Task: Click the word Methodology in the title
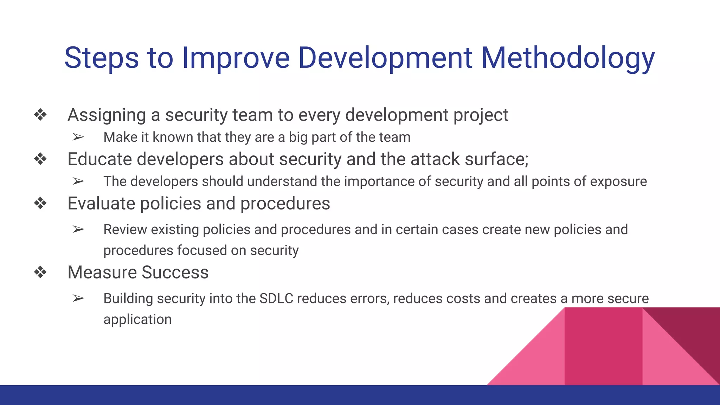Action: tap(567, 58)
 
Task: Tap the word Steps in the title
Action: tap(102, 58)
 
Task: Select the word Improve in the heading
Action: tap(236, 58)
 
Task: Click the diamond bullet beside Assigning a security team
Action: tap(40, 115)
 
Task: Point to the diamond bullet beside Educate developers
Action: tap(40, 159)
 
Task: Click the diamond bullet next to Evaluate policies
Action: tap(40, 203)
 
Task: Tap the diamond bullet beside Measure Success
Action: tap(40, 272)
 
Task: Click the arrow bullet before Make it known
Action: tap(78, 137)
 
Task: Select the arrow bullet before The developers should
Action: tap(78, 181)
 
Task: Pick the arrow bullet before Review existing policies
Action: tap(78, 230)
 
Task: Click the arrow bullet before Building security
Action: tap(78, 298)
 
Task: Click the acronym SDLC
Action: tap(276, 298)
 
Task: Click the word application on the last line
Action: tap(137, 320)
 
